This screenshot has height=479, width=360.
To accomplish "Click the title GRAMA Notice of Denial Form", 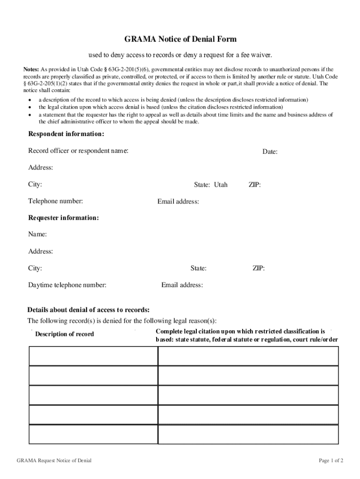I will [180, 39].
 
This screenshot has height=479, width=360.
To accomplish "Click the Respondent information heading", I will [66, 134].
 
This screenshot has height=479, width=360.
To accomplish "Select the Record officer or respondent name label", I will [78, 151].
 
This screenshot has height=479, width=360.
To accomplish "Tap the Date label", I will [270, 152].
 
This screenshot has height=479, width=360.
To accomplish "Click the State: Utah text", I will [210, 185].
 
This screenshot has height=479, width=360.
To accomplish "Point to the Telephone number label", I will [56, 201].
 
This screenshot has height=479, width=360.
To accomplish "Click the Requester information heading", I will [64, 218].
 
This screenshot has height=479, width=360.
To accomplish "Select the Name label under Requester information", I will [37, 234].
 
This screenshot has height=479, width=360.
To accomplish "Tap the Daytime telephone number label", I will [67, 285].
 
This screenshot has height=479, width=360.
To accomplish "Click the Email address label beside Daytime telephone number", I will [182, 285].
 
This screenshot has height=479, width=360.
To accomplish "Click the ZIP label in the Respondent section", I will [254, 185].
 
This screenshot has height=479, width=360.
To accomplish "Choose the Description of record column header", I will [65, 334].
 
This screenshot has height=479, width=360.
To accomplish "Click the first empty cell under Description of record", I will [93, 356].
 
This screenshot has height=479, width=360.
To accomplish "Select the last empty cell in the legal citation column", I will [248, 435].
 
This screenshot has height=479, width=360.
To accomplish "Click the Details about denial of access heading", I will [88, 310].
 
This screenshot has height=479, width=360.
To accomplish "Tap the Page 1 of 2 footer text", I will [331, 461].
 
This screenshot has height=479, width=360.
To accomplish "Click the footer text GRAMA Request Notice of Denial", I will [54, 461].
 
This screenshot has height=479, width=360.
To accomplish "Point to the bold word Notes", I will [31, 69].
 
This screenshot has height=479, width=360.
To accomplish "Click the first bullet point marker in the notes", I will [30, 100].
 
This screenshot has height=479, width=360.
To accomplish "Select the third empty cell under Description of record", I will [93, 395].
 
